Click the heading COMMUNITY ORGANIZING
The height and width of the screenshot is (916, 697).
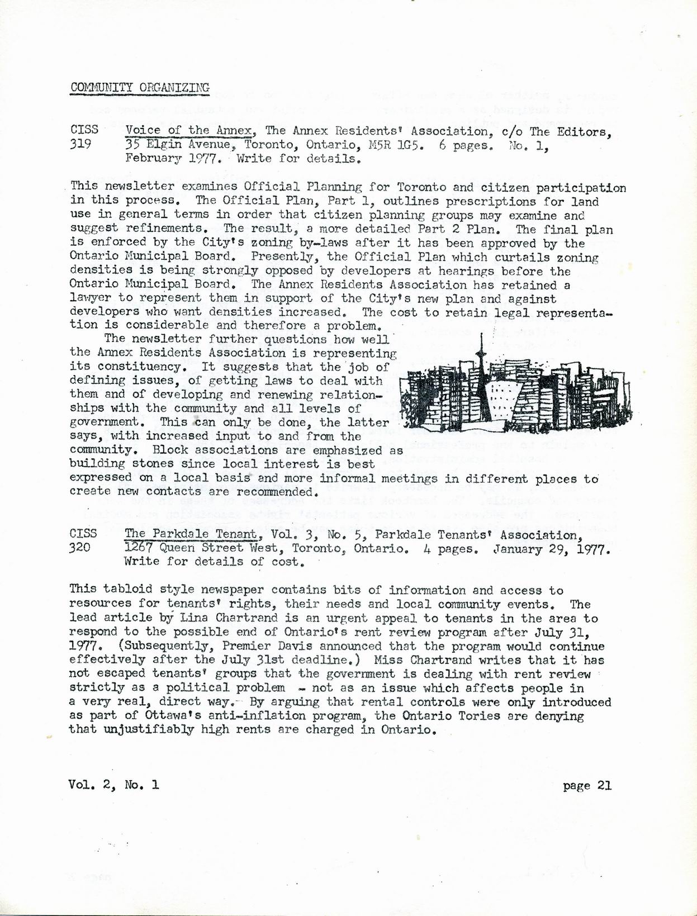coord(140,87)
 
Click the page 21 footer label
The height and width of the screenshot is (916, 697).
coord(587,785)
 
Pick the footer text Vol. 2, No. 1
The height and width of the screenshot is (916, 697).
coord(113,785)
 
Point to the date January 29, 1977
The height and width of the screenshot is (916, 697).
coord(551,548)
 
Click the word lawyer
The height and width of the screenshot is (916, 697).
coord(90,298)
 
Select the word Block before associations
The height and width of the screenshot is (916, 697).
coord(170,450)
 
